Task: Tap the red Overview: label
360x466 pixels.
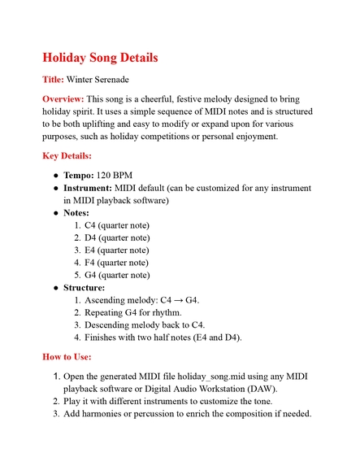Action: (63, 98)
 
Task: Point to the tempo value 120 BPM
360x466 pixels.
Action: (115, 175)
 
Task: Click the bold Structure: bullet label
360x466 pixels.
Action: (85, 288)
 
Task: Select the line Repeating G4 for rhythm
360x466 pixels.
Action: (133, 312)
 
